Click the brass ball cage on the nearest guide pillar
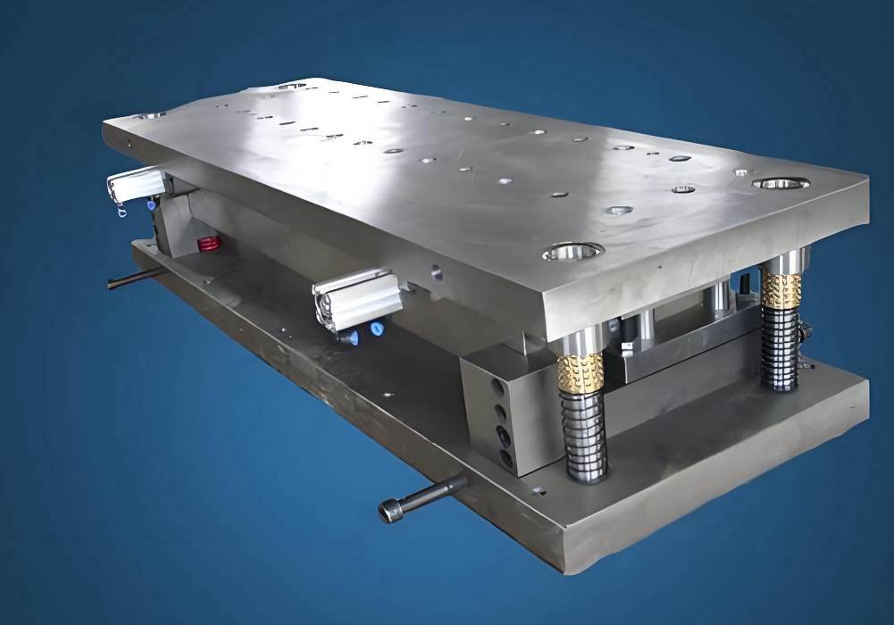tap(581, 372)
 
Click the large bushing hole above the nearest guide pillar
tap(572, 252)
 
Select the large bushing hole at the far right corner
tap(780, 184)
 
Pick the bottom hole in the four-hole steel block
tap(506, 458)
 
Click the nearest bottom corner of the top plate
tap(547, 339)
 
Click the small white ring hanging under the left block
tap(121, 212)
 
